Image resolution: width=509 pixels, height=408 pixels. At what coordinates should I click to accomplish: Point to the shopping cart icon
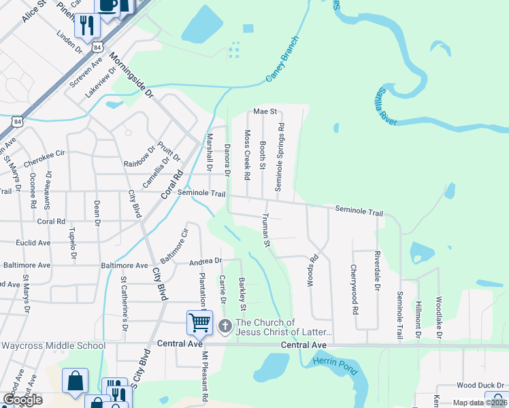click(199, 322)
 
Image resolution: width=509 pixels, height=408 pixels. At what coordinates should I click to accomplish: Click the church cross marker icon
click(225, 327)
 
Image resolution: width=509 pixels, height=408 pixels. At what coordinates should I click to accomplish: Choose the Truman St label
click(266, 231)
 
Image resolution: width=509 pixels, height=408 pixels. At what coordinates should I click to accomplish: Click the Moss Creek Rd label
click(247, 155)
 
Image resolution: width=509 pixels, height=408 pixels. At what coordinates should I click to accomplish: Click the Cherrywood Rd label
click(355, 290)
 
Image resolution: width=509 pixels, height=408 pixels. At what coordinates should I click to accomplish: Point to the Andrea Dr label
click(206, 261)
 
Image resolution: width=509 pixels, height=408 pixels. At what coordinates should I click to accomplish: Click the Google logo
click(22, 400)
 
